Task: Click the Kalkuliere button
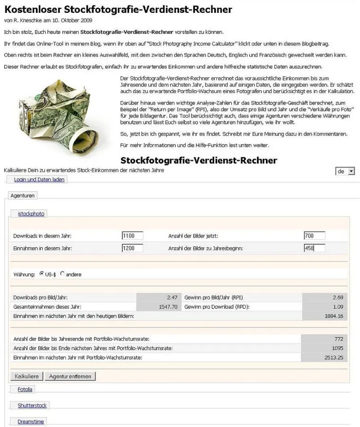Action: [27, 376]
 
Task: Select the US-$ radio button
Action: [42, 274]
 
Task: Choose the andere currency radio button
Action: [62, 274]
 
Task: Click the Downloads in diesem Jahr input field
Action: [133, 236]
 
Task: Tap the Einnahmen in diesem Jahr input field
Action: [133, 248]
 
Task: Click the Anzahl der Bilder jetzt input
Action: [314, 236]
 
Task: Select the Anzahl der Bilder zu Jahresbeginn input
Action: [314, 248]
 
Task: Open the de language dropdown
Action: [345, 171]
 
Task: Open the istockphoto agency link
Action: [31, 214]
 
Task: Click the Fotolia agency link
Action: [25, 390]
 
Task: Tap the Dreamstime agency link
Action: [32, 421]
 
